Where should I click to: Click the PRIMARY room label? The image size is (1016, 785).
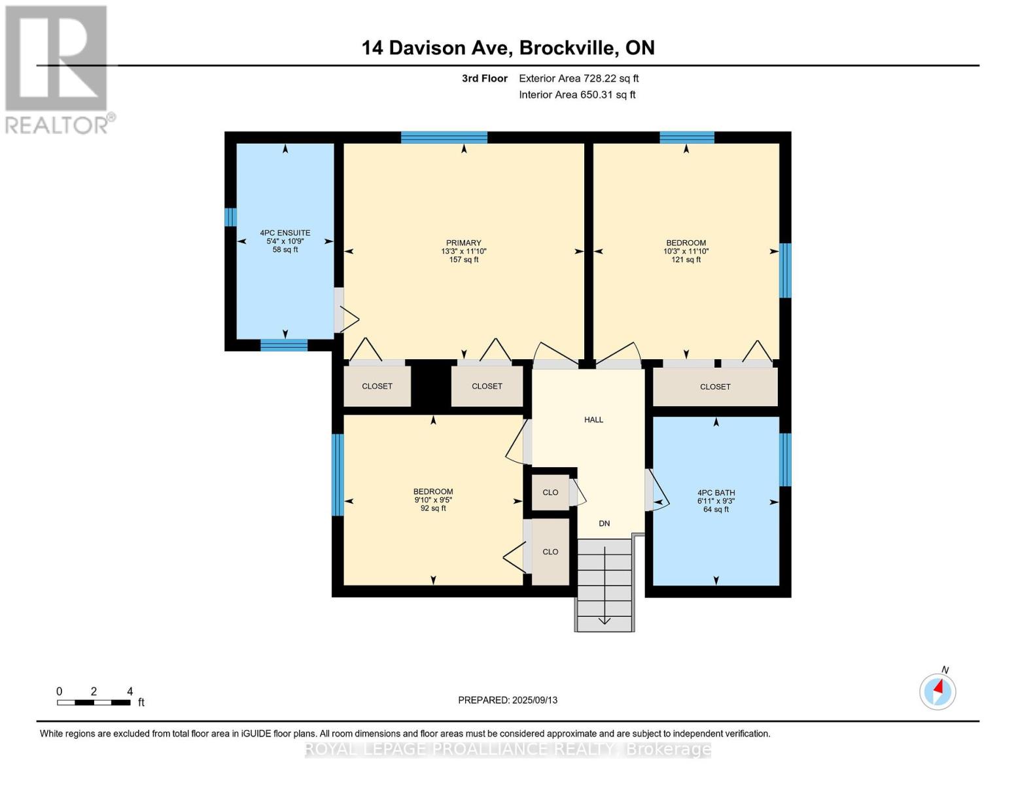(463, 243)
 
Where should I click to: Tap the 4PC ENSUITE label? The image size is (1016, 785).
(285, 233)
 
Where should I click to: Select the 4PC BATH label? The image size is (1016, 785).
(716, 493)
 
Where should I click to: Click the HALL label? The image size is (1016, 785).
(593, 419)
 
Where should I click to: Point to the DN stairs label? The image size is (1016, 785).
(604, 523)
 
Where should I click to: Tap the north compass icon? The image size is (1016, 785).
(937, 691)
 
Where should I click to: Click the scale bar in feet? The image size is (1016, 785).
(94, 702)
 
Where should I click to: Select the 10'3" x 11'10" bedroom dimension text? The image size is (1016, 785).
(686, 251)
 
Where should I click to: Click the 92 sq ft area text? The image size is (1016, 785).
(432, 508)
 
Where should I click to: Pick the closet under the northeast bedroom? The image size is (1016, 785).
(715, 387)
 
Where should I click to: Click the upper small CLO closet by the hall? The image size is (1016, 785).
(550, 492)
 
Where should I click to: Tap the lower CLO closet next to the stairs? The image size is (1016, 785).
(550, 551)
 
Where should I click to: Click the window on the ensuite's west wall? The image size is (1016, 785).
(230, 217)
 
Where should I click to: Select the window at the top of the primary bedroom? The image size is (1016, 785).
(444, 137)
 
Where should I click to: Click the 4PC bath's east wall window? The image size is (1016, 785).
(785, 459)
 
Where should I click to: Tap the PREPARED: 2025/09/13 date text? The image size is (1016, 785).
(508, 700)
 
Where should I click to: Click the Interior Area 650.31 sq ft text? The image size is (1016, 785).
(577, 95)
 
